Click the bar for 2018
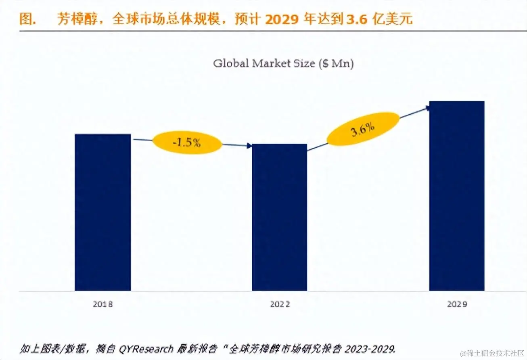pyautogui.click(x=103, y=212)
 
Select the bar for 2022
pyautogui.click(x=279, y=217)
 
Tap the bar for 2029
pyautogui.click(x=456, y=196)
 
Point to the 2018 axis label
pyautogui.click(x=103, y=304)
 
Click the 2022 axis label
pyautogui.click(x=280, y=304)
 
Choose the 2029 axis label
pyautogui.click(x=457, y=304)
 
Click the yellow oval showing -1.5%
pyautogui.click(x=187, y=142)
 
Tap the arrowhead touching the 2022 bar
pyautogui.click(x=249, y=146)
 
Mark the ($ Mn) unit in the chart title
pyautogui.click(x=336, y=63)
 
